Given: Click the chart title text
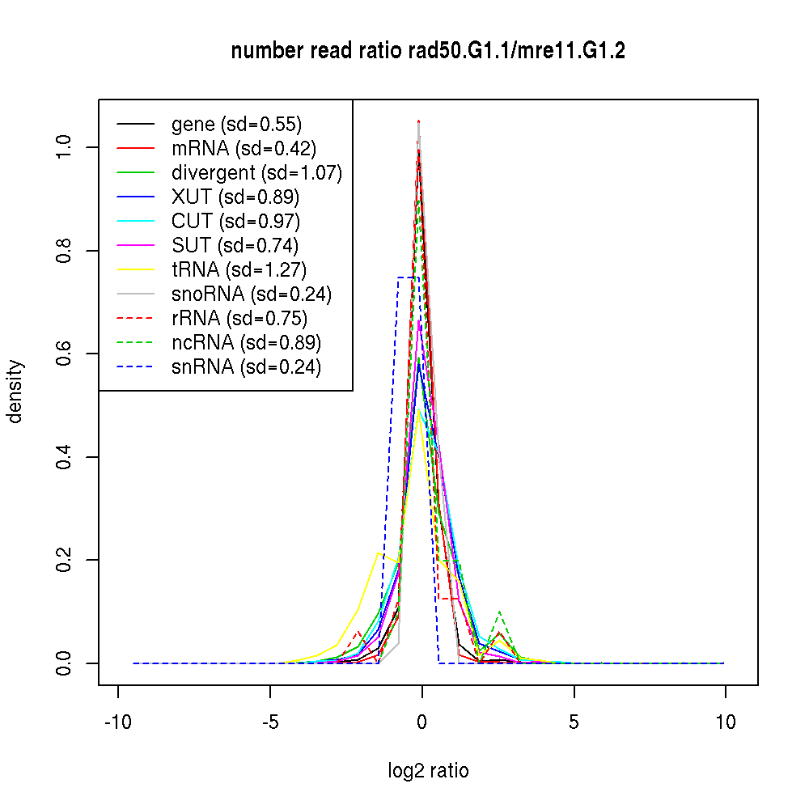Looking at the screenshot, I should click(x=428, y=51).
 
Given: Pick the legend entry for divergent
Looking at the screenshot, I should click(x=256, y=172).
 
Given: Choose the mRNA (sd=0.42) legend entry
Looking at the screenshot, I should click(x=244, y=148).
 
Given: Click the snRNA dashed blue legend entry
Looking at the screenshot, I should click(x=246, y=366).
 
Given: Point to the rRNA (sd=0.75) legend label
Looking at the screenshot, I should click(x=239, y=318).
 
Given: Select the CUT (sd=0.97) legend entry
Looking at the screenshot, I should click(x=235, y=220).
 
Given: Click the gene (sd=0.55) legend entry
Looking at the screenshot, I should click(x=236, y=125).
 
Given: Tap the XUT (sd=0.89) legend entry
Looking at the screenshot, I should click(x=235, y=197).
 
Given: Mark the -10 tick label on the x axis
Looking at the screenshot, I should click(x=119, y=722).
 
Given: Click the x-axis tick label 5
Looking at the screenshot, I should click(x=574, y=722).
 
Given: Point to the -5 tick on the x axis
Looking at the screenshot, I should click(x=270, y=722).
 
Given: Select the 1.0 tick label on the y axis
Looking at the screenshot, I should click(x=65, y=146).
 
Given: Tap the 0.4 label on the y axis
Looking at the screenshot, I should click(x=65, y=456).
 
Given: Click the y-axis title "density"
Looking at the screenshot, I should click(x=15, y=392).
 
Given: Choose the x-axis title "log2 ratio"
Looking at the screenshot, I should click(x=428, y=771).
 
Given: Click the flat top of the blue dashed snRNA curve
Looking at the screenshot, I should click(x=408, y=277).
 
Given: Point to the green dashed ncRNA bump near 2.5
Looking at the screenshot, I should click(x=500, y=612).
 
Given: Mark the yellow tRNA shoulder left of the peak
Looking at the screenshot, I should click(x=379, y=554).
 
